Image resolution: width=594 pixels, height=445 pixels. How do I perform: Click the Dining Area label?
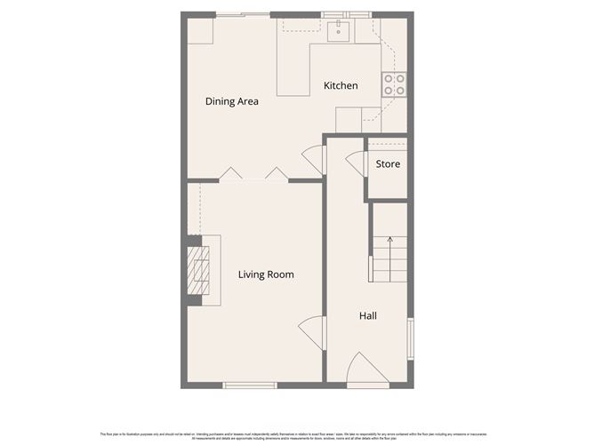(231, 101)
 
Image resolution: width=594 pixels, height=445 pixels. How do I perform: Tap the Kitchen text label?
(341, 86)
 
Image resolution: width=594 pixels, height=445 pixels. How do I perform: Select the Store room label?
(388, 164)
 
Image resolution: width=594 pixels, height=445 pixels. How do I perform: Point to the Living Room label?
(266, 274)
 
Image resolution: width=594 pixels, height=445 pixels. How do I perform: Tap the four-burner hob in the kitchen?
(394, 84)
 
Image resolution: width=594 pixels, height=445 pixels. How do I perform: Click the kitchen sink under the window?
(338, 33)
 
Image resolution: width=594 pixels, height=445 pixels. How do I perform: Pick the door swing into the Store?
(355, 163)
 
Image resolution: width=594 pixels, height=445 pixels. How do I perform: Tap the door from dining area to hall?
(313, 160)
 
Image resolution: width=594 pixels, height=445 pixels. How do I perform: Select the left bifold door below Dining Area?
(230, 173)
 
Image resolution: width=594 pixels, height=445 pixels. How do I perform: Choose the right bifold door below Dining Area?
(277, 173)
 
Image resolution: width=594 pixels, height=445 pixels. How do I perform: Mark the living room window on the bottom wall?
(250, 385)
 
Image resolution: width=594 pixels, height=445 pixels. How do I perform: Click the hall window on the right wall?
(410, 338)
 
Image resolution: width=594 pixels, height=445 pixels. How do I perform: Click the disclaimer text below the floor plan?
(297, 434)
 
